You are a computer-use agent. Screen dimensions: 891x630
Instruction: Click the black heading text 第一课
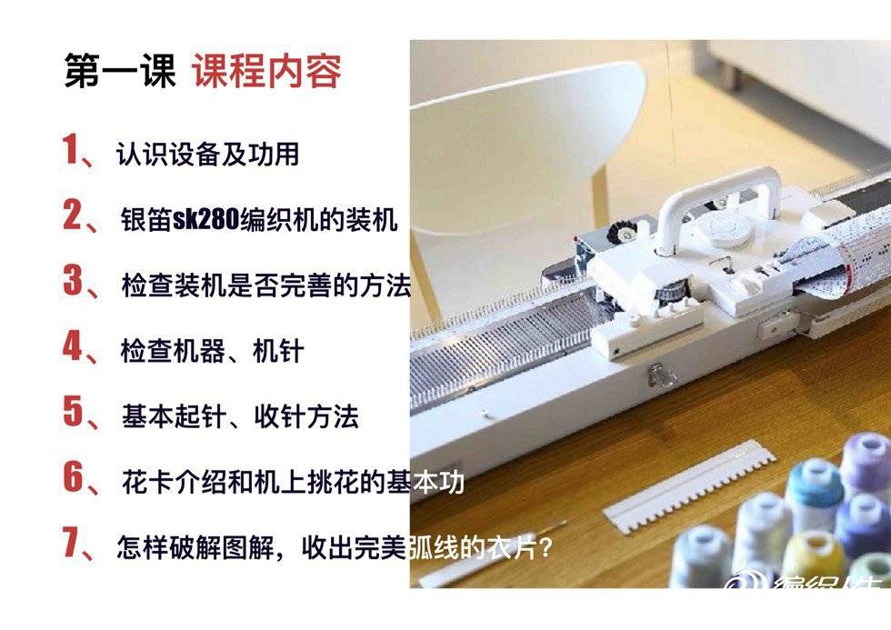(120, 71)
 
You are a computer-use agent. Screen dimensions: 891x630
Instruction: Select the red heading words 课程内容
(266, 71)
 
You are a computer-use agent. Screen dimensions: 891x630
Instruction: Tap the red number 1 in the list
(71, 149)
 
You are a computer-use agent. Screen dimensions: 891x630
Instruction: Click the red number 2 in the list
(73, 215)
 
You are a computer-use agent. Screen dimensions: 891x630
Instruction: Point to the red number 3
(73, 280)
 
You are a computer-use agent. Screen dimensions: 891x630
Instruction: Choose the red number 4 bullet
(73, 345)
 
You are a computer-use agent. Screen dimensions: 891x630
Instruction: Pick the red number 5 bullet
(73, 411)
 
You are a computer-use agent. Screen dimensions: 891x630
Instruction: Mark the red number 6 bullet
(73, 476)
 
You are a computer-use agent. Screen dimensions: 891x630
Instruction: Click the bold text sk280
(205, 219)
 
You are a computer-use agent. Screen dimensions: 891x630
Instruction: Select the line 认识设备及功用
(208, 154)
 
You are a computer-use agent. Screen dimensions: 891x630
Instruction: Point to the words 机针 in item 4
(278, 351)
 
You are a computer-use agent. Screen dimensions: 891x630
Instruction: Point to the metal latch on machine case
(660, 374)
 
